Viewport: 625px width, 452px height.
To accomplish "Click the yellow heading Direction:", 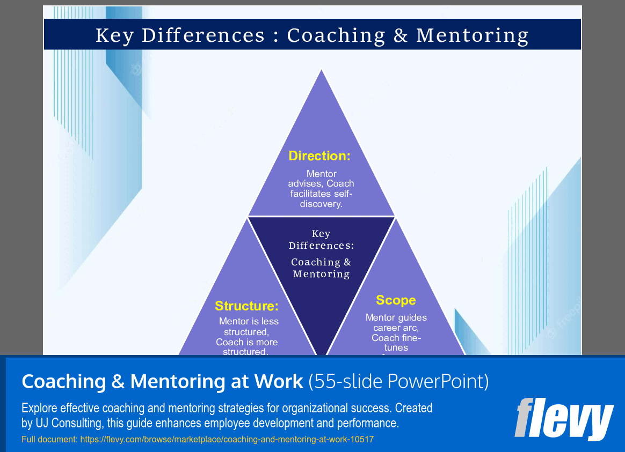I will pos(319,156).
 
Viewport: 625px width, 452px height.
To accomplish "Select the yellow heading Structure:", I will pos(247,306).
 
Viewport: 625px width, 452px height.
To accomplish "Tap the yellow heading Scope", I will pos(396,300).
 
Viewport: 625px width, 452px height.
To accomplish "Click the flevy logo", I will pos(564,419).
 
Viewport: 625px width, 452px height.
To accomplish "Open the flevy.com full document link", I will pos(226,440).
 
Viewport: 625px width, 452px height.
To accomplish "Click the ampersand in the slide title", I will pos(401,35).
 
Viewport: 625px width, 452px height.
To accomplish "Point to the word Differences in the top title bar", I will pos(204,35).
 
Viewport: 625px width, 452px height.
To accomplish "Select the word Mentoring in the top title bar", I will pos(473,35).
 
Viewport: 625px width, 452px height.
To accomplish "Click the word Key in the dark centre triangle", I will pos(321,234).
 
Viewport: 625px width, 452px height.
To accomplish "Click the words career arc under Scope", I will pos(396,328).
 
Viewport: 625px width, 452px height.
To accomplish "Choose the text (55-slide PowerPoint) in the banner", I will pos(398,382).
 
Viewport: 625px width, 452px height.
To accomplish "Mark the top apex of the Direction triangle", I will pos(321,70).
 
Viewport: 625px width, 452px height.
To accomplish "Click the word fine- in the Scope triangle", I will pos(411,338).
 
